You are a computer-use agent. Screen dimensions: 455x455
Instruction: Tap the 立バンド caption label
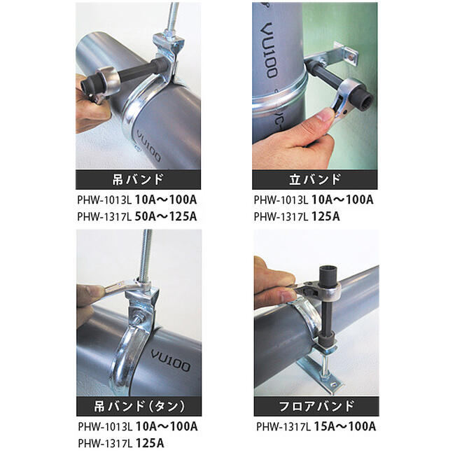coord(315,179)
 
